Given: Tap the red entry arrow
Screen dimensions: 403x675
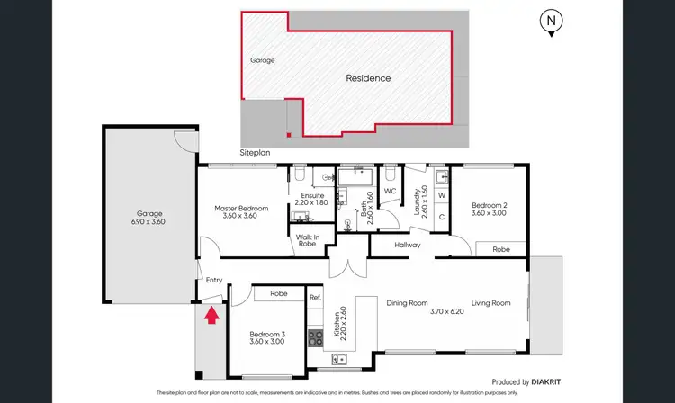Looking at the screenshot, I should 212,315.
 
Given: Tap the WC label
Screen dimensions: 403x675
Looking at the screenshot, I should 390,192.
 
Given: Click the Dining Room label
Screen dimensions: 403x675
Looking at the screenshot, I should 407,303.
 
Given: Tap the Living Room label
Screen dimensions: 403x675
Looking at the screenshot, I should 491,303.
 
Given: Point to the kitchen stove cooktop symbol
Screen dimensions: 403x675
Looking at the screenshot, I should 317,338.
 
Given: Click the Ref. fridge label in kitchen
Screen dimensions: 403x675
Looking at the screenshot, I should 315,298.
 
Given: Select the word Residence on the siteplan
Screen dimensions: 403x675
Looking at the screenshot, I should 369,78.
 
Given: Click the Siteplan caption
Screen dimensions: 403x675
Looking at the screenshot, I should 254,154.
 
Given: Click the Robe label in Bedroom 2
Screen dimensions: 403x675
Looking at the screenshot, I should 501,249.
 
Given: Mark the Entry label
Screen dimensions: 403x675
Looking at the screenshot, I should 213,280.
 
